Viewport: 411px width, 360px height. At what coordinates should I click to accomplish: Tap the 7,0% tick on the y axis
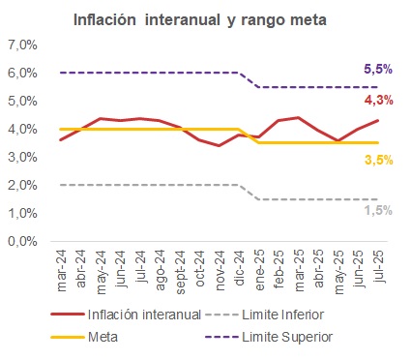click(x=22, y=45)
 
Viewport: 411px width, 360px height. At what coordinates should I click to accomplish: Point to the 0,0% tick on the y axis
click(x=22, y=242)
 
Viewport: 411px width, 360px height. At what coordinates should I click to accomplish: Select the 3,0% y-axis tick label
click(x=22, y=158)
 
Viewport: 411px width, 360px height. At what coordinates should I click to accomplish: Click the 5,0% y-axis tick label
click(x=22, y=102)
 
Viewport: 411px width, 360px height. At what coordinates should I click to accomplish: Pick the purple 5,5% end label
click(x=378, y=70)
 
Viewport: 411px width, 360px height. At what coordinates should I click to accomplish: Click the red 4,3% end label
click(x=378, y=101)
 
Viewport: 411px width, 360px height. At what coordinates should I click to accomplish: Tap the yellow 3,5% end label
click(x=378, y=161)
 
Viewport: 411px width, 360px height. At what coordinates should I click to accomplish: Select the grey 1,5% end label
click(x=378, y=210)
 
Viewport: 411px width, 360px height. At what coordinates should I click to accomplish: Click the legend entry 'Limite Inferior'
click(x=291, y=315)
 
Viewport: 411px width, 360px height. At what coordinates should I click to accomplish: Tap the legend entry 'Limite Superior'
click(x=294, y=336)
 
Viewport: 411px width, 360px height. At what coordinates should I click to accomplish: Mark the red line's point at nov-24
click(x=219, y=146)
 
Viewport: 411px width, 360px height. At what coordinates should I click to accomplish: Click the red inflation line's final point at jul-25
click(x=376, y=120)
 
